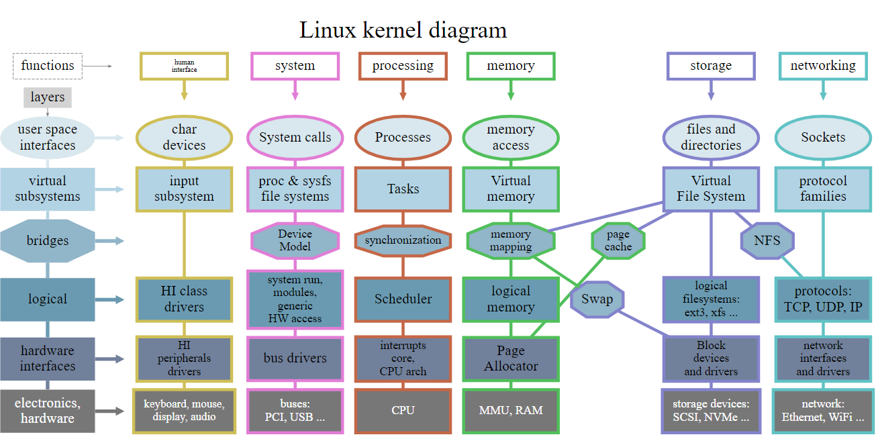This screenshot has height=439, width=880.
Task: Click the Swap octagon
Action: tap(597, 299)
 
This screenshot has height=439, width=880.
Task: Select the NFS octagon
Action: tap(767, 240)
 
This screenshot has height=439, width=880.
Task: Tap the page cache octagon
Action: tap(618, 240)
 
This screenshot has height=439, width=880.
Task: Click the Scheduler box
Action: tap(403, 299)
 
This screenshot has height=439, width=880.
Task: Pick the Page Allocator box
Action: tap(511, 358)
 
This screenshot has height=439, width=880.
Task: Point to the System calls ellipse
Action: tap(295, 137)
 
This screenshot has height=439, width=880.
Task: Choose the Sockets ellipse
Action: tap(823, 137)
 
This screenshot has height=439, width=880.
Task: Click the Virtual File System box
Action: tap(711, 189)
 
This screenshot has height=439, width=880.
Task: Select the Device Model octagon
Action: tap(295, 240)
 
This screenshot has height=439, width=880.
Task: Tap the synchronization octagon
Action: tap(403, 240)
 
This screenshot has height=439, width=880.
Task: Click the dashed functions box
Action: tap(48, 66)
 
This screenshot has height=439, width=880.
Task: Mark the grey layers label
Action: tap(48, 97)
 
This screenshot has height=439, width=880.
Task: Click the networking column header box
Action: tap(823, 66)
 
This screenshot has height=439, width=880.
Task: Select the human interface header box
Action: tap(184, 66)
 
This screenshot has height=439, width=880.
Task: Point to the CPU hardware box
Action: tap(403, 410)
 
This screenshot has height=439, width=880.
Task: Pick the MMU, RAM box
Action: tap(511, 410)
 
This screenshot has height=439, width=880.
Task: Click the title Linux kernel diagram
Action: tap(403, 30)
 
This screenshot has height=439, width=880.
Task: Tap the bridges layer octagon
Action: tap(48, 240)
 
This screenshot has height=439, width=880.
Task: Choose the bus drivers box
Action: tap(295, 358)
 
